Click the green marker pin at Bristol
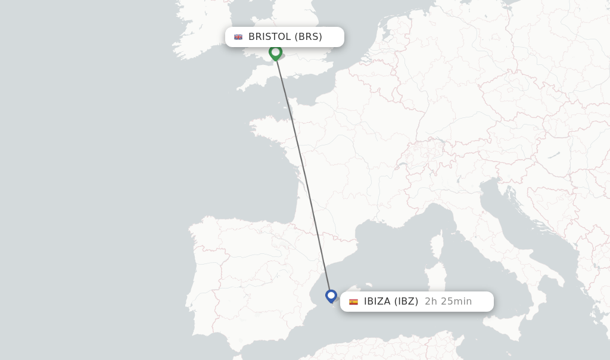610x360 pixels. pos(275,52)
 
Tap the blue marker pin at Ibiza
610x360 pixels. pos(331,296)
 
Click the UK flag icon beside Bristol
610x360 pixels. pos(238,37)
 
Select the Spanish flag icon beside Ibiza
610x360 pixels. pos(354,302)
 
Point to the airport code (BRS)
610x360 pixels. pos(309,37)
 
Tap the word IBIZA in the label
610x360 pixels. pos(378,302)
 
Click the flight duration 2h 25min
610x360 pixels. pos(448,302)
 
